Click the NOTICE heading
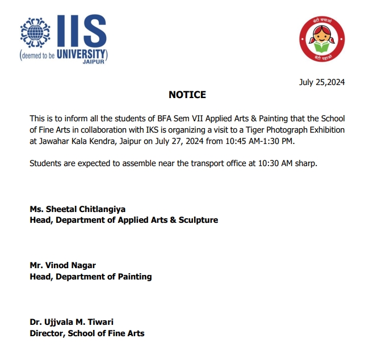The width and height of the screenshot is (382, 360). coord(187,95)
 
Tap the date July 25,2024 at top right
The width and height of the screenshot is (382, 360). coord(322,82)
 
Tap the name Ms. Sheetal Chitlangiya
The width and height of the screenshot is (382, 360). coord(77,209)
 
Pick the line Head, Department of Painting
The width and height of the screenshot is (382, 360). coord(91,277)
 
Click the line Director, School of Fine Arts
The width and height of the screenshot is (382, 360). coord(87,333)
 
